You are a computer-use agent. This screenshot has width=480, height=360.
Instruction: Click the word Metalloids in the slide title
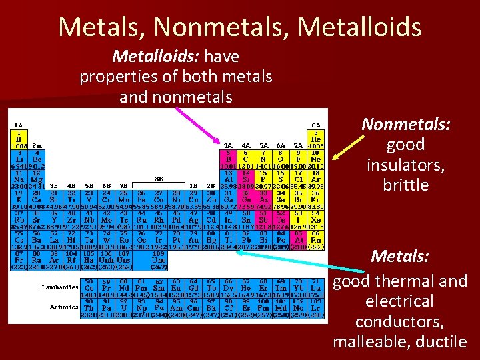click(x=359, y=27)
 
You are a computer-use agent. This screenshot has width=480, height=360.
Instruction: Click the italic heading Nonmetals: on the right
click(x=406, y=125)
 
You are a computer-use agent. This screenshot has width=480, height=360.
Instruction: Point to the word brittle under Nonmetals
click(x=406, y=185)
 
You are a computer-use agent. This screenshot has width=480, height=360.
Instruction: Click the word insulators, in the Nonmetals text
click(x=406, y=165)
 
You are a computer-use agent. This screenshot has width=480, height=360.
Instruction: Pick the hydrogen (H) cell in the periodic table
click(x=19, y=137)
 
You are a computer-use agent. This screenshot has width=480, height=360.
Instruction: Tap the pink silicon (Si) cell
click(x=246, y=178)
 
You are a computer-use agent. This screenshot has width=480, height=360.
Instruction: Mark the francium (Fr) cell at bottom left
click(x=19, y=261)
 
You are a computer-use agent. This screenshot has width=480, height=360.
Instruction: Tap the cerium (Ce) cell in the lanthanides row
click(x=88, y=287)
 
